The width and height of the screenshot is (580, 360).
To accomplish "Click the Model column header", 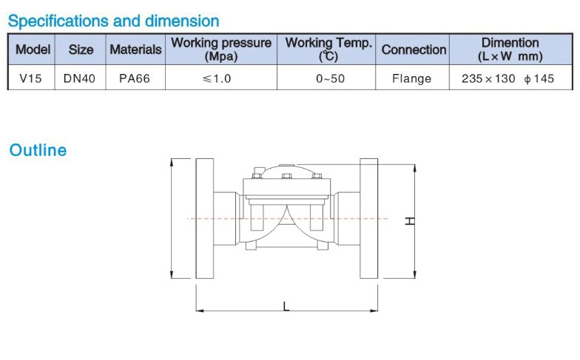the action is point(33,49).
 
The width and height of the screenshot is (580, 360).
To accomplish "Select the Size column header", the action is point(81,49).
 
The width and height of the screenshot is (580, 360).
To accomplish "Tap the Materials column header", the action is point(136,49).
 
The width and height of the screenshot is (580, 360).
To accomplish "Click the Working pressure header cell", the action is point(221,49).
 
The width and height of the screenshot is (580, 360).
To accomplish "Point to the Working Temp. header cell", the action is point(328,49).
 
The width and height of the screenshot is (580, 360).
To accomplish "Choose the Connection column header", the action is point(414,49).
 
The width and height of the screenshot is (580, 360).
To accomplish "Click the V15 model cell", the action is point(31,78).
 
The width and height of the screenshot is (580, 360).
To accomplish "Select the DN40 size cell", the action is point(79,78).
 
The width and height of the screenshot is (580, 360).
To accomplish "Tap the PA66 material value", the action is point(135,78).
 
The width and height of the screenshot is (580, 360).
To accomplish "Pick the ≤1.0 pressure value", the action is point(217,78).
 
